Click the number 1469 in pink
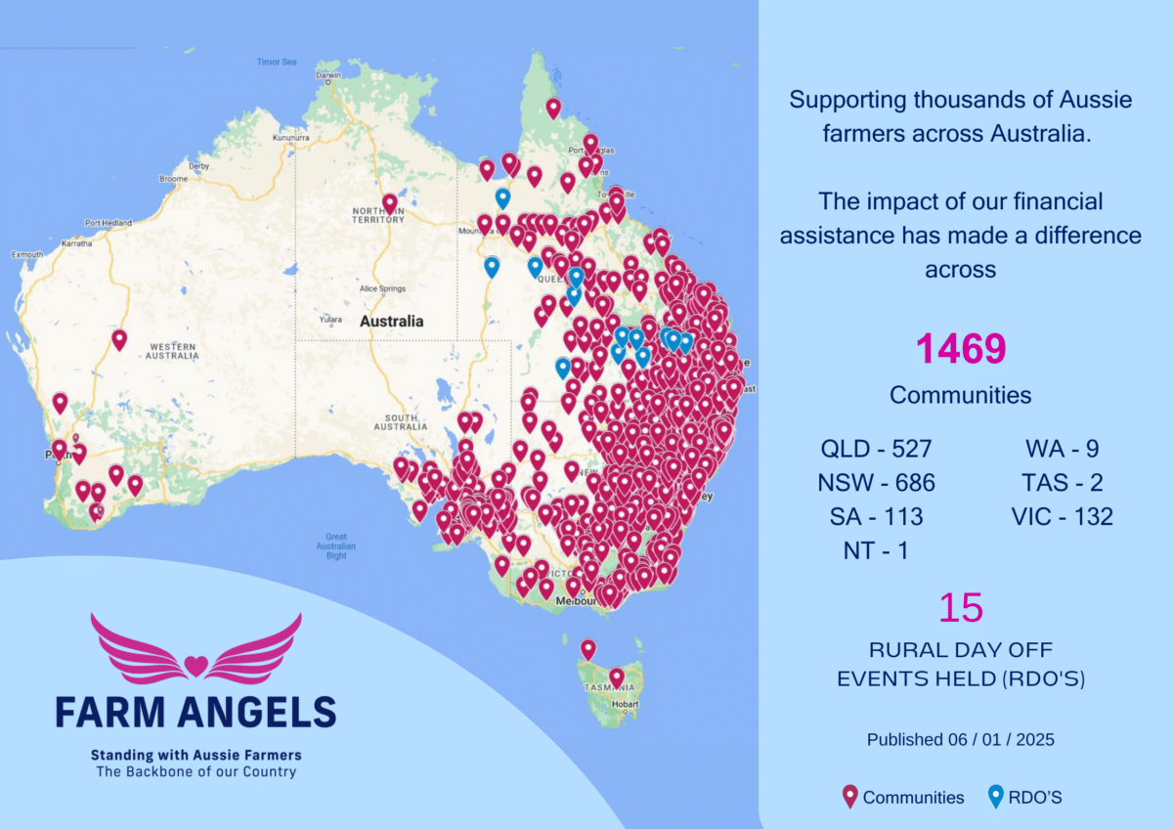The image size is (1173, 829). point(960,349)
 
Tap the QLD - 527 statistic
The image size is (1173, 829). point(877,449)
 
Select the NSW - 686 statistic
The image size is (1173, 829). point(877,482)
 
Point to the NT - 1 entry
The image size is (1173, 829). point(876,550)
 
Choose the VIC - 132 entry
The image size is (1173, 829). point(1063,516)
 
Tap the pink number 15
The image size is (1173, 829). point(960,608)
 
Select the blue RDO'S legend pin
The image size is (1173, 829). point(996,797)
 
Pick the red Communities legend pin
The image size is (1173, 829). point(849,797)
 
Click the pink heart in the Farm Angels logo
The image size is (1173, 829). point(195,667)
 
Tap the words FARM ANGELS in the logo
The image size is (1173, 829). point(195,712)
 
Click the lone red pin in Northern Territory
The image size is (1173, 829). point(390,202)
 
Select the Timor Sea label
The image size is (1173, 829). point(277,62)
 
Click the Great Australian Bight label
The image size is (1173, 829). point(336,545)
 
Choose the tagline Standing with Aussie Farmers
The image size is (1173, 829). point(195,755)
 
